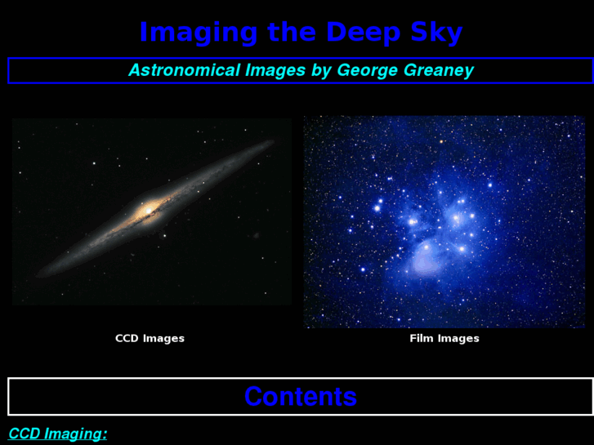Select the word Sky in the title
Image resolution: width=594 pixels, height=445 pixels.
pos(435,33)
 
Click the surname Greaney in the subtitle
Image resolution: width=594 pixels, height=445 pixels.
pos(439,70)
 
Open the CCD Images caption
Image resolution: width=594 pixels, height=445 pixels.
pos(150,338)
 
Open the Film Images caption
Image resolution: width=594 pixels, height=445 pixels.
pos(444,338)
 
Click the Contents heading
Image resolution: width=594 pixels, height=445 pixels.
pos(301,397)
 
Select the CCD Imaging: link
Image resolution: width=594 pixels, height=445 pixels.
pos(57,434)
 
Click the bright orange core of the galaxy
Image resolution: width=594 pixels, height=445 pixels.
pos(150,211)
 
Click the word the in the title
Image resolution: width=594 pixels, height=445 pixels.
pos(291,33)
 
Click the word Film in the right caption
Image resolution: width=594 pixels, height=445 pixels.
pos(422,338)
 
